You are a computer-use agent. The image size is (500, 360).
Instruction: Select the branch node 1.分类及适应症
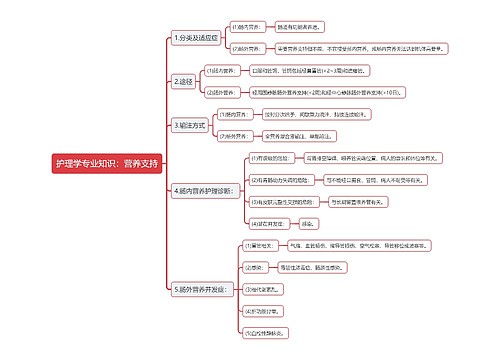click(196, 38)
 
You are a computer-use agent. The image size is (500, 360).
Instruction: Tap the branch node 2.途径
click(184, 81)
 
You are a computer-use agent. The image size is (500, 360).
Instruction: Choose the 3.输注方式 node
click(191, 125)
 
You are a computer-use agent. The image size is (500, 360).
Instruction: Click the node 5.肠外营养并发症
click(204, 289)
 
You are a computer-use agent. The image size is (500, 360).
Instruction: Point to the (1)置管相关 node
click(259, 245)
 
